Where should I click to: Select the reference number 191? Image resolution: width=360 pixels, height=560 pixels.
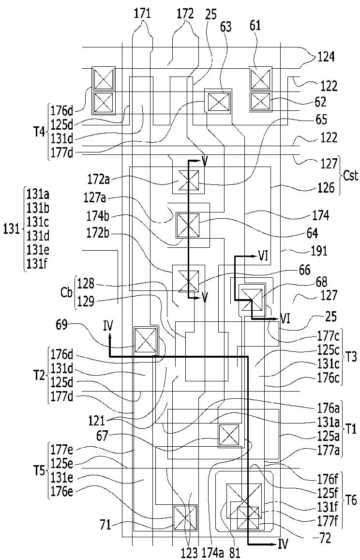319,251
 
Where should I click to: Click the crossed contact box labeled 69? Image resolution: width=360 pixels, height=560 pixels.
145,340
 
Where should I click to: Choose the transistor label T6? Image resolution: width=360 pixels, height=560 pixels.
350,501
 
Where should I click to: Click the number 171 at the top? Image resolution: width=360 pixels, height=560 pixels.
142,14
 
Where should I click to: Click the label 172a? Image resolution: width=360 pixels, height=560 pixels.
96,178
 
